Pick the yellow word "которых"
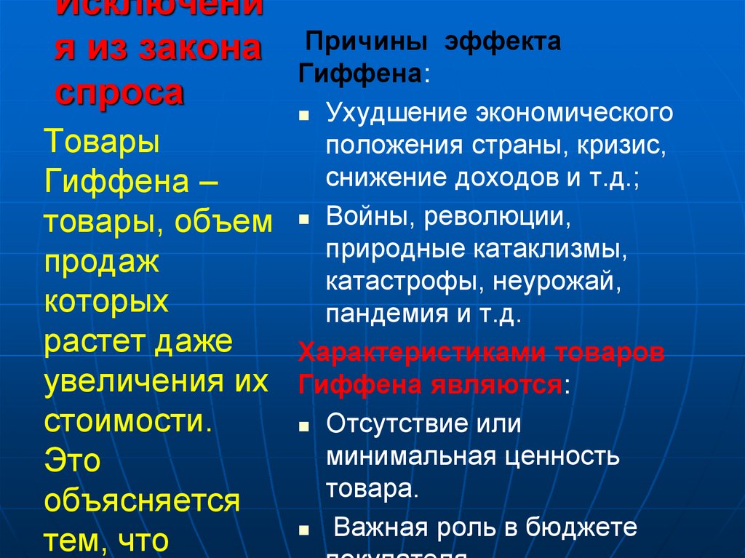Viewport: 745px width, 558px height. click(106, 300)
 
